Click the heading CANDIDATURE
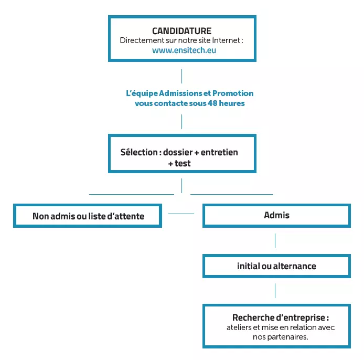182,31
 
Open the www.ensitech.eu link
184,50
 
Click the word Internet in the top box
226,40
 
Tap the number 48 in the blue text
212,103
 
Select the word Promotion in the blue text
233,93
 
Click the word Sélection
139,152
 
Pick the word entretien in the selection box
219,152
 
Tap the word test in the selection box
183,164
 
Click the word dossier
178,152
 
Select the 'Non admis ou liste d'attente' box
88,216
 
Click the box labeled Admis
276,216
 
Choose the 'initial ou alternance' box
276,266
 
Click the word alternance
295,266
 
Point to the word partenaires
287,337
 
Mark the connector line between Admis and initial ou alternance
275,241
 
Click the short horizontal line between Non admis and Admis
181,214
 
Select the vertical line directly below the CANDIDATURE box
182,76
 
